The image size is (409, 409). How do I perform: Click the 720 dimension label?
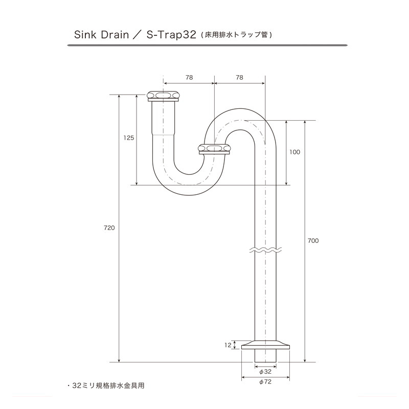[x=109, y=228]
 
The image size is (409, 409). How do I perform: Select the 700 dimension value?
[x=313, y=241]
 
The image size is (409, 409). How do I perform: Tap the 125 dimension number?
[x=129, y=138]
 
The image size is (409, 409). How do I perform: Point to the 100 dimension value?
[x=295, y=152]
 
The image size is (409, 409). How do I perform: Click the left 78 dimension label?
[x=189, y=78]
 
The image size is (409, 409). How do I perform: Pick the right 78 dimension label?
[x=239, y=78]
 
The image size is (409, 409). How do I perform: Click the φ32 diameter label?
[x=265, y=372]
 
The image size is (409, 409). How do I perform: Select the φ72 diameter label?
[x=265, y=382]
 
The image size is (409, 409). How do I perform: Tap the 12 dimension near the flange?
[x=228, y=345]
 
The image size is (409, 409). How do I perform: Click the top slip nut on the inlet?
[x=163, y=96]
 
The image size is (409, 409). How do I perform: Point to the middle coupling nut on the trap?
[x=214, y=149]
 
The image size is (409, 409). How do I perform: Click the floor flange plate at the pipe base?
[x=265, y=345]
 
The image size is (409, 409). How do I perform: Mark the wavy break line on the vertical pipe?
[x=265, y=249]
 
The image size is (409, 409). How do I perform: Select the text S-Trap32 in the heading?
[x=171, y=35]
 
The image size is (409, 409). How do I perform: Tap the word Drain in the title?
[x=115, y=35]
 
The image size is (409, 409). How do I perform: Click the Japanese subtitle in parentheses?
[x=236, y=35]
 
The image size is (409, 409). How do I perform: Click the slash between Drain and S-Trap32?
[x=138, y=35]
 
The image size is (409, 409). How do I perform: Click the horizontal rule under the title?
[x=208, y=46]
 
